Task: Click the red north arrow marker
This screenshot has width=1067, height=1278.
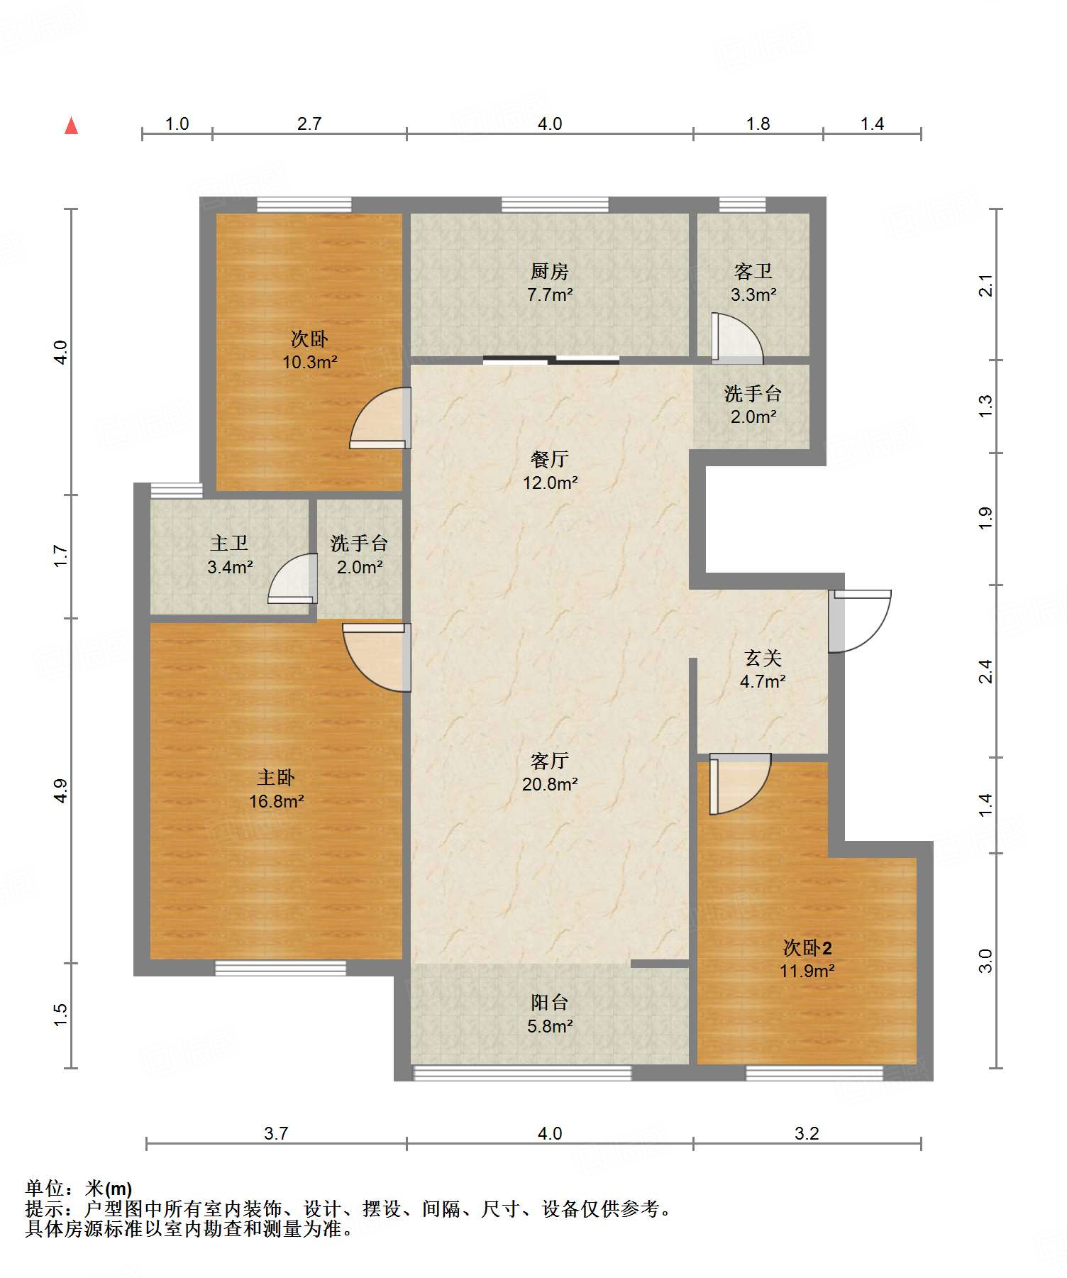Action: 71,126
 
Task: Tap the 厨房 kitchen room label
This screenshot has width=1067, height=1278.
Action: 550,271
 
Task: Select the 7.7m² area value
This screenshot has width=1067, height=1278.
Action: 550,294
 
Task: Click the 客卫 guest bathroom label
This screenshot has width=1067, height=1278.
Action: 753,271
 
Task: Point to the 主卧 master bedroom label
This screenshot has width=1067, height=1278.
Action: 276,778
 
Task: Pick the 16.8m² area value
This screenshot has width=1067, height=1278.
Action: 276,801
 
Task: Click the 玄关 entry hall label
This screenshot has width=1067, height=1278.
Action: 763,659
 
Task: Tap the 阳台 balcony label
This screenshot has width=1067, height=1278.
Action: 550,1003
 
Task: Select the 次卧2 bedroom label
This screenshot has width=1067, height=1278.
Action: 807,947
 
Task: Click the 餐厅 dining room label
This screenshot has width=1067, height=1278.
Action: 550,459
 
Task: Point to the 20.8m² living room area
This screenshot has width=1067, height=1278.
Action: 550,784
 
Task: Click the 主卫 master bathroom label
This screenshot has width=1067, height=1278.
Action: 229,544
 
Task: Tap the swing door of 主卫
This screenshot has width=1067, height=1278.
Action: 292,578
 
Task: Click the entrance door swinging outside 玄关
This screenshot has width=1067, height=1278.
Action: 860,621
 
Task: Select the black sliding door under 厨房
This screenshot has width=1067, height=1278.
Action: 551,360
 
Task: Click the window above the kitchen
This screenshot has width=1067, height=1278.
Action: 555,205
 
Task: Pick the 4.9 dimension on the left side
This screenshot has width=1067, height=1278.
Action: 61,791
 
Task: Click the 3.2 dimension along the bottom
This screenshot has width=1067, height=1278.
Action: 807,1133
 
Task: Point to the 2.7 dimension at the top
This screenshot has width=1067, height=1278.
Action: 309,123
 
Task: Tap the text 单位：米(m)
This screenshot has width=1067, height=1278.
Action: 79,1189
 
